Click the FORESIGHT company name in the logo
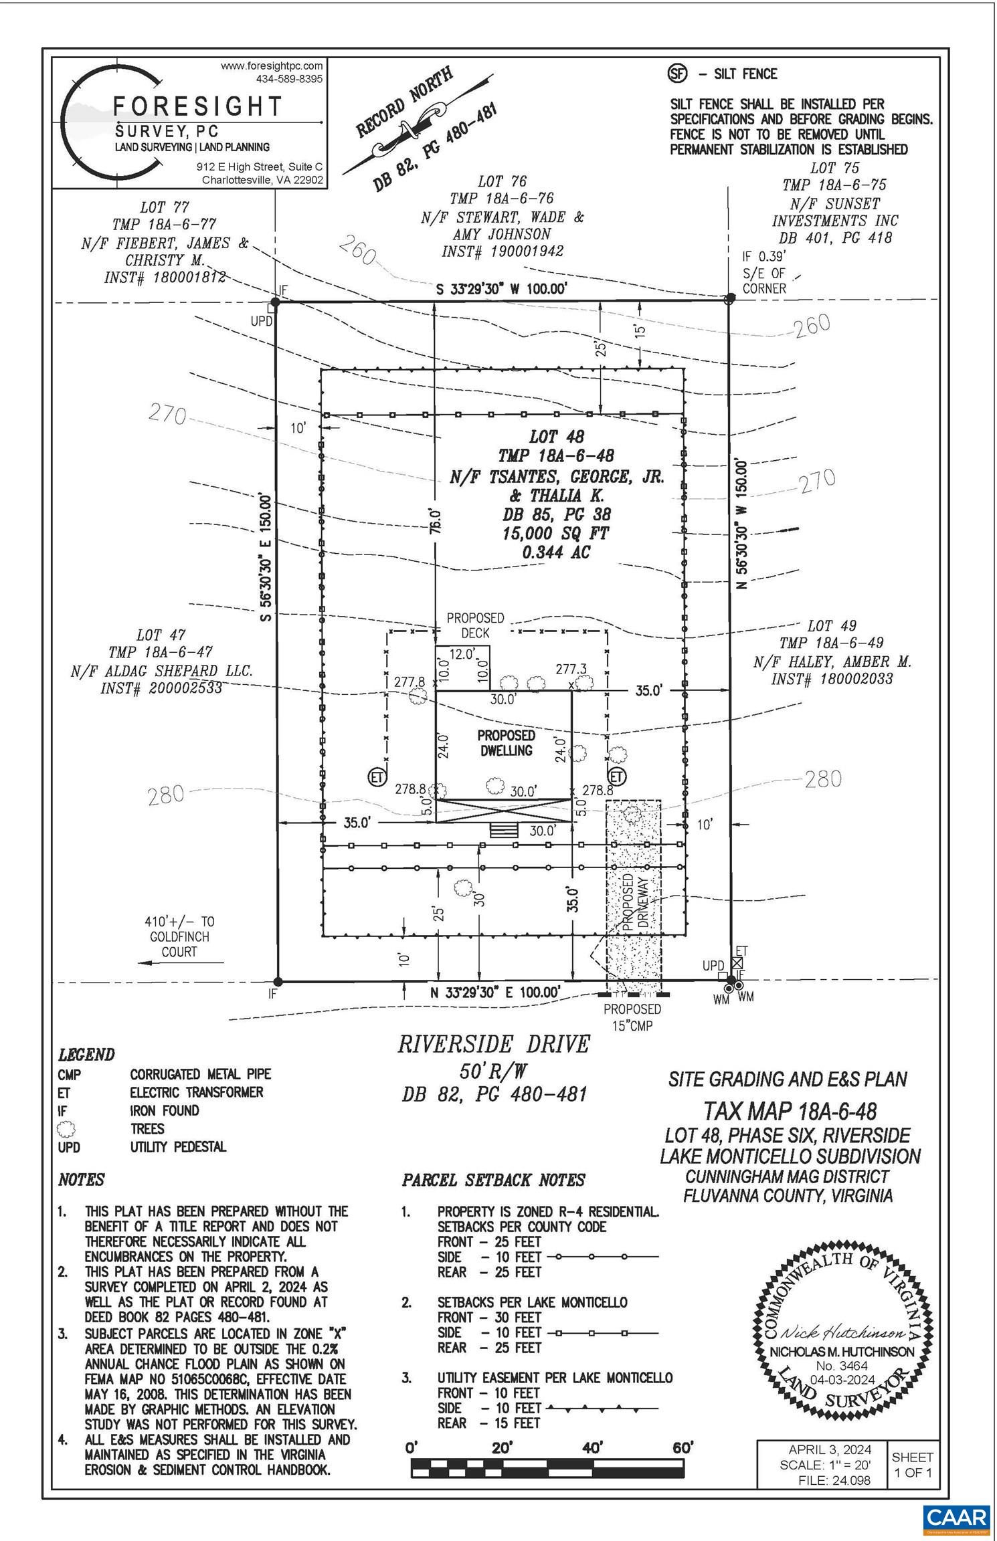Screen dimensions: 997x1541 (x=198, y=106)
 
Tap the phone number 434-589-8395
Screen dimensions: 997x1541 (x=289, y=78)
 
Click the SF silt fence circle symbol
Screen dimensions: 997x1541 (x=678, y=74)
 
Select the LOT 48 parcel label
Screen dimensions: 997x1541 (x=556, y=437)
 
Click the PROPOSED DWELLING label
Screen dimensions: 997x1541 (x=506, y=742)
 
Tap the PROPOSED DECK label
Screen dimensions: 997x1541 (x=475, y=625)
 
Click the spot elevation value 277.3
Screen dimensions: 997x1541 (x=571, y=669)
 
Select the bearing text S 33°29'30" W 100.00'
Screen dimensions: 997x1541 (x=502, y=289)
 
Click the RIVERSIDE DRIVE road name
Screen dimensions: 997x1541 (x=494, y=1044)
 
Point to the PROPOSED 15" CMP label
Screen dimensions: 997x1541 (x=632, y=1017)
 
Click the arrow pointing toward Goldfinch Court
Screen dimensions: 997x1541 (x=181, y=962)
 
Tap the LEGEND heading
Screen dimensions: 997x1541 (x=86, y=1055)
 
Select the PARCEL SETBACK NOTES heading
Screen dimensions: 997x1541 (x=493, y=1180)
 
